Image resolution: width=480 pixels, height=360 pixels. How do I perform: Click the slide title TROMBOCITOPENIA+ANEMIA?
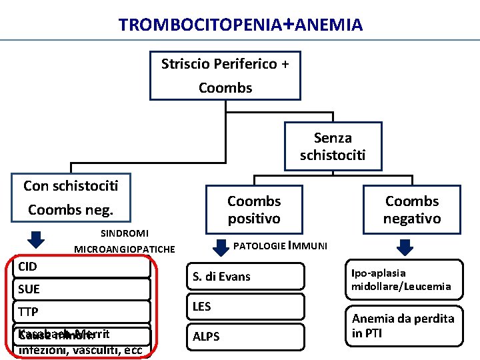tap(241, 25)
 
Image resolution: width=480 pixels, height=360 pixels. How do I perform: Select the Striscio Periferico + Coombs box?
tap(225, 75)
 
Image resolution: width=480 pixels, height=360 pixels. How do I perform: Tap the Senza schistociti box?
tap(333, 147)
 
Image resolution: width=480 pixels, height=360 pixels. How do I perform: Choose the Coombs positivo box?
tap(254, 209)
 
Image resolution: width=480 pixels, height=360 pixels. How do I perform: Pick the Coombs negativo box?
tap(411, 209)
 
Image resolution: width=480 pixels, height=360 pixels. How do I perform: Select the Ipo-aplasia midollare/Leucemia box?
tap(404, 279)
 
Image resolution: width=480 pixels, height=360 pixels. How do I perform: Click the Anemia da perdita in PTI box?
tap(404, 326)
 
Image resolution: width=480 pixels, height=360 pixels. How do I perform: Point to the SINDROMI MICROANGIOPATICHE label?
tap(125, 241)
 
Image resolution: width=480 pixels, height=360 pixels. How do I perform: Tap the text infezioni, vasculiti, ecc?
tap(80, 351)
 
